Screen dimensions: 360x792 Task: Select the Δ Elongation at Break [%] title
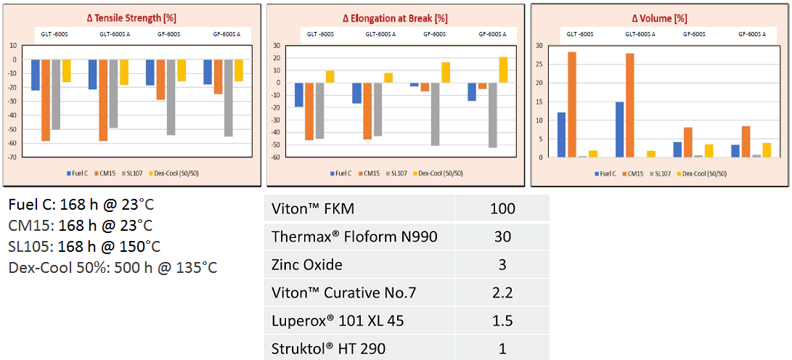pyautogui.click(x=395, y=17)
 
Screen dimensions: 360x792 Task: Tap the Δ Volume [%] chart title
pyautogui.click(x=660, y=17)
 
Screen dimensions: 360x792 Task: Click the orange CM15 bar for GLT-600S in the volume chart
pyautogui.click(x=572, y=105)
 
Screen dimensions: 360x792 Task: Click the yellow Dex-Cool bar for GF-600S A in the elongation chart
pyautogui.click(x=503, y=70)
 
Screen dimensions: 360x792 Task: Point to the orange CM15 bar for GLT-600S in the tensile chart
pyautogui.click(x=46, y=100)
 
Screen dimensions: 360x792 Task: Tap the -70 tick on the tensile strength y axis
pyautogui.click(x=13, y=157)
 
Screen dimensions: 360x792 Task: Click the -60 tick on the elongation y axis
pyautogui.click(x=276, y=157)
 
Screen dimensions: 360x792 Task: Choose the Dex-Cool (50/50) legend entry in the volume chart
pyautogui.click(x=705, y=173)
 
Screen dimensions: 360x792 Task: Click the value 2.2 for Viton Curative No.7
pyautogui.click(x=502, y=292)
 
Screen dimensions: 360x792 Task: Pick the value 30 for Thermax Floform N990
pyautogui.click(x=502, y=237)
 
